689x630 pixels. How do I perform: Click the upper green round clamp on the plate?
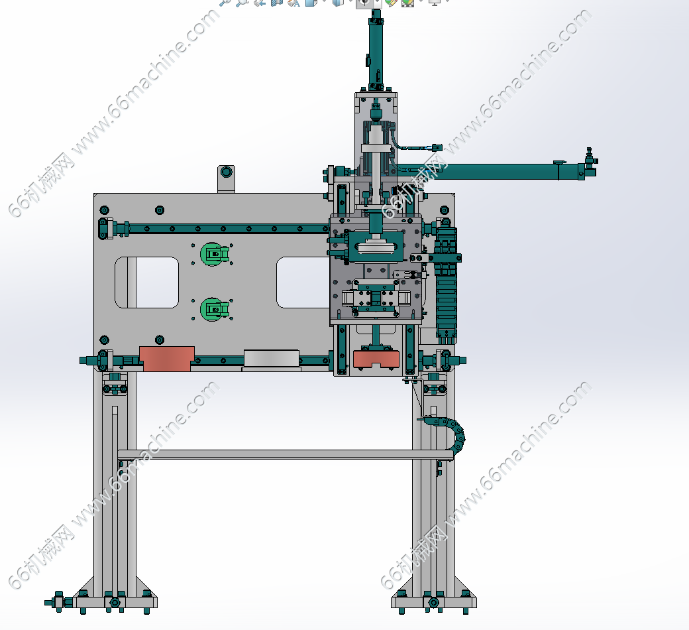214,254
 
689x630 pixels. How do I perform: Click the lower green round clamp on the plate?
214,309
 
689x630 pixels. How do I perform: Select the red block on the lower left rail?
166,359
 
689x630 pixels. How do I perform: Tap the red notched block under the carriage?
376,359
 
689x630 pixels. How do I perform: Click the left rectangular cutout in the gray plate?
147,283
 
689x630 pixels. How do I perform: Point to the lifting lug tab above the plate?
227,178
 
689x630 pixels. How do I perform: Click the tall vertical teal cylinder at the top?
376,50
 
